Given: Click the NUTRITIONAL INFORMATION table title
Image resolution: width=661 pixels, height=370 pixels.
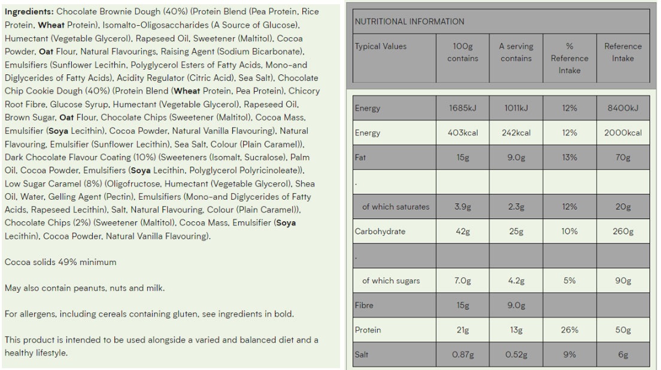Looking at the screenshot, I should pyautogui.click(x=410, y=22).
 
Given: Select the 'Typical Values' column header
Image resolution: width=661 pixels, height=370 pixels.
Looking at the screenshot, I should pyautogui.click(x=381, y=46).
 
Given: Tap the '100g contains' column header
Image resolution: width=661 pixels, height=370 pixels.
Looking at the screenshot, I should pyautogui.click(x=462, y=52).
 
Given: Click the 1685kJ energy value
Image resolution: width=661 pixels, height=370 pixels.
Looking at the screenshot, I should pyautogui.click(x=462, y=109).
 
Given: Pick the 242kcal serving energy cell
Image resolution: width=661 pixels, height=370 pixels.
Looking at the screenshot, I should pyautogui.click(x=516, y=133).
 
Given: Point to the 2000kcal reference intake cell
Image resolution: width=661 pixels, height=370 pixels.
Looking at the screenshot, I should pyautogui.click(x=623, y=133).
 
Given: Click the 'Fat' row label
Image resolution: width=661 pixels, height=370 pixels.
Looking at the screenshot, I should pyautogui.click(x=360, y=158).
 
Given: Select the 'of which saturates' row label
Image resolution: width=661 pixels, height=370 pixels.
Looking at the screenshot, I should pyautogui.click(x=395, y=207).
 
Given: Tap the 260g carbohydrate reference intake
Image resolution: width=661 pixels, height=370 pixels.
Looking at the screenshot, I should pyautogui.click(x=623, y=231).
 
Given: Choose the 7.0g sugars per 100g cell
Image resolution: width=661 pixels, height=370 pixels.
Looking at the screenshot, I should pyautogui.click(x=462, y=281).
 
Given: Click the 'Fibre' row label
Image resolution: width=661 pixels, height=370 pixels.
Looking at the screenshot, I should pyautogui.click(x=365, y=305).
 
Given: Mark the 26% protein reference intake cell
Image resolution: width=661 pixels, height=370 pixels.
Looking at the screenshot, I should pyautogui.click(x=569, y=330).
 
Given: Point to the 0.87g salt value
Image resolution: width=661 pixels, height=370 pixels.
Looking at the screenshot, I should pyautogui.click(x=462, y=354).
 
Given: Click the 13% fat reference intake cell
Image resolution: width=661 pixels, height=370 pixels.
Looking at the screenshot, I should pyautogui.click(x=569, y=158).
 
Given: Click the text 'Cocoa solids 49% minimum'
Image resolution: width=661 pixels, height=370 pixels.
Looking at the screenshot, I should pyautogui.click(x=60, y=262).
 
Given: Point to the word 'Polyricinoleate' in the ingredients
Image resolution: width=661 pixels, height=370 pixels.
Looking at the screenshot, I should pyautogui.click(x=263, y=170).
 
